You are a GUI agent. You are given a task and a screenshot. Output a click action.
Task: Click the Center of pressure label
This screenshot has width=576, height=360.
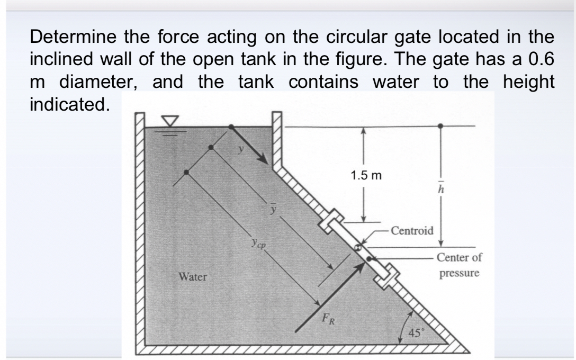tap(459, 265)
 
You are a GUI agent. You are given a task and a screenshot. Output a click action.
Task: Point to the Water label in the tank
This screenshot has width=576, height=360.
tap(193, 276)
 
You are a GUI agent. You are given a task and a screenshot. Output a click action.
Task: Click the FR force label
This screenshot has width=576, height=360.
tap(330, 319)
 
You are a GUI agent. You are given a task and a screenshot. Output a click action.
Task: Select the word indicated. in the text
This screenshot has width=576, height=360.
tap(70, 104)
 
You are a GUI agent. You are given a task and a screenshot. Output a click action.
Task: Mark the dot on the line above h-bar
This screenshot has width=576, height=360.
tap(440, 127)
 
